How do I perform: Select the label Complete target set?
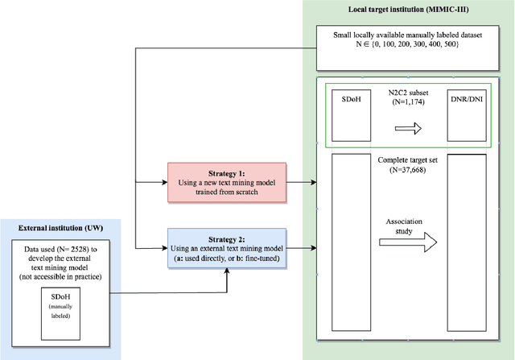tap(407, 161)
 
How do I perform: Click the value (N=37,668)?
tap(407, 170)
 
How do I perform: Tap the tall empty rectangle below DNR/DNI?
tap(467, 242)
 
